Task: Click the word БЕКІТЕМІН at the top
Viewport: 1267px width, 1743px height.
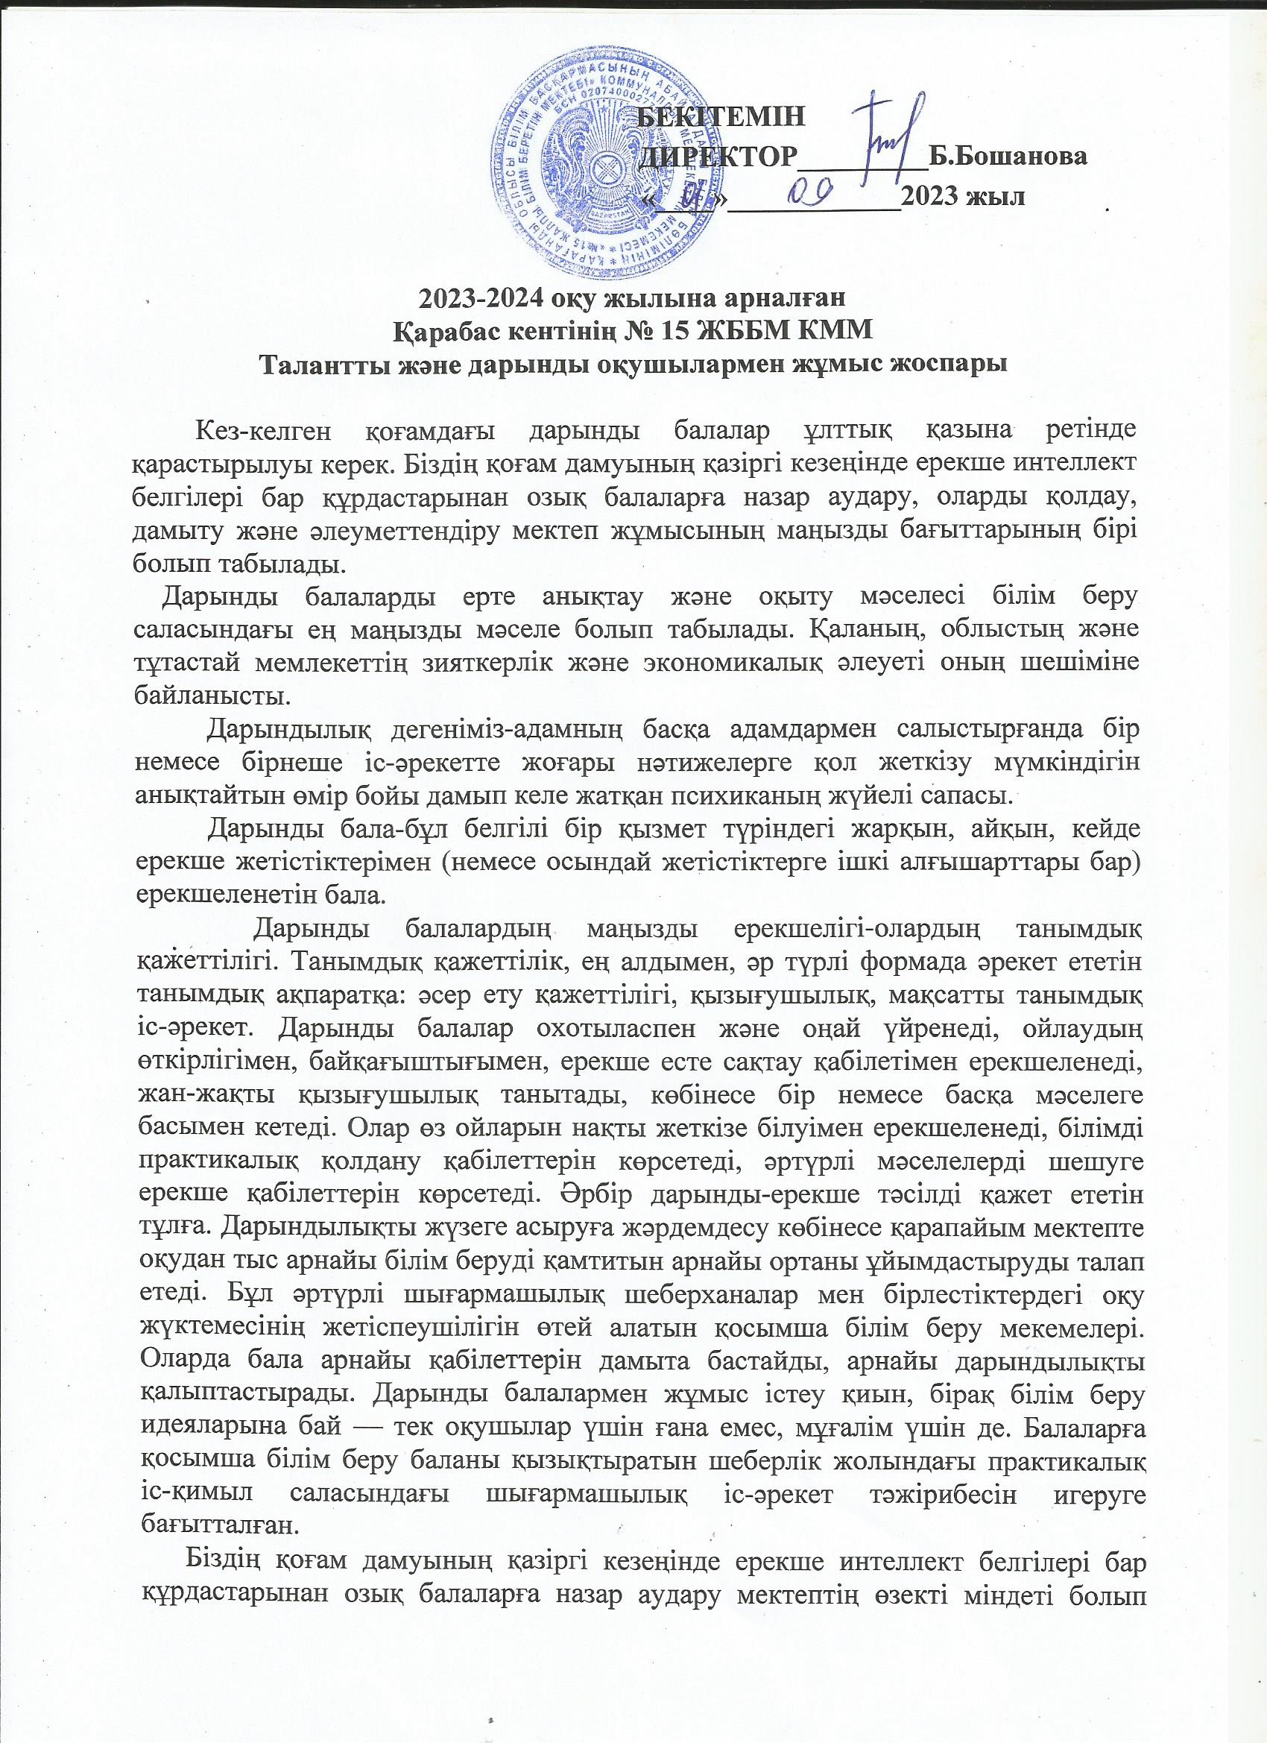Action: [x=722, y=118]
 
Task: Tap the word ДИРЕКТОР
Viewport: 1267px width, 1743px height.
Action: [x=718, y=157]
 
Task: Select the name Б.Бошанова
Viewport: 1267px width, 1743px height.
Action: [x=1008, y=157]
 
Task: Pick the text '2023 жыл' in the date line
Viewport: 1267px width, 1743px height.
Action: [x=964, y=197]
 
